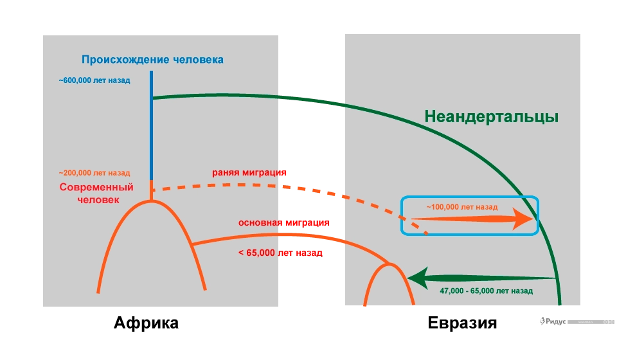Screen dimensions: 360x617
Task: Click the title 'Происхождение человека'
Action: (x=152, y=60)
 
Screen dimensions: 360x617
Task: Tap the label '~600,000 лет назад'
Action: (x=94, y=81)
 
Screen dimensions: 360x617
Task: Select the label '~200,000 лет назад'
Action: (x=94, y=173)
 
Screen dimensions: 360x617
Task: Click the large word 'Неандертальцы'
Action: (x=491, y=117)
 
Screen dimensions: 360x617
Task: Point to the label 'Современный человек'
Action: (x=96, y=194)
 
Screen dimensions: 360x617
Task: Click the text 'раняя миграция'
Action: (x=249, y=173)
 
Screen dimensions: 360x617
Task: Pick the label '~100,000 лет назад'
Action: (x=461, y=208)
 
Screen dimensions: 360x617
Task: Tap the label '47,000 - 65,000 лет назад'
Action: (x=486, y=291)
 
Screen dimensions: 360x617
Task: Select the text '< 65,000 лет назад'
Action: (x=280, y=253)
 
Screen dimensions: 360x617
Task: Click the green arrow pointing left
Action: (x=482, y=279)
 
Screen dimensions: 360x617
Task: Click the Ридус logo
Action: (x=550, y=321)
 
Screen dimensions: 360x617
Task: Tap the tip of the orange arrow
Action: (x=533, y=220)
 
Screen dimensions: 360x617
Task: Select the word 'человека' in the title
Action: (x=199, y=60)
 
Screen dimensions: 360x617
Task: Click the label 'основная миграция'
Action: (x=283, y=223)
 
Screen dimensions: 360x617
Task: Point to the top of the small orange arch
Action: (x=388, y=264)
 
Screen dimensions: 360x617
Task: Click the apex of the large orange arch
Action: (x=152, y=202)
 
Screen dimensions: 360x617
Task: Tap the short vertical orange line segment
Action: (x=152, y=190)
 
